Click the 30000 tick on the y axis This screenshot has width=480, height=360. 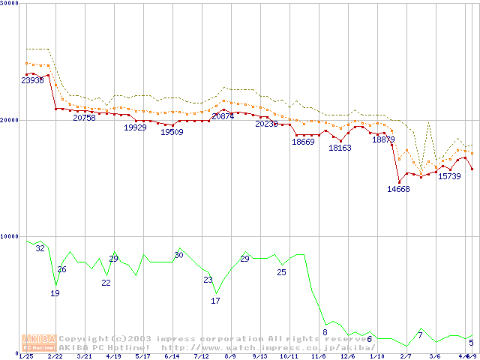click(9, 3)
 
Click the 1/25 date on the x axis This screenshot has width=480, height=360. click(25, 356)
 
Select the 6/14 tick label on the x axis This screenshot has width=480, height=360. click(171, 356)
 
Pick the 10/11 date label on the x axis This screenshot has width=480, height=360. click(289, 356)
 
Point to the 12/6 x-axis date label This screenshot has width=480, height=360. click(347, 356)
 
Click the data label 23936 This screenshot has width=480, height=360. click(32, 80)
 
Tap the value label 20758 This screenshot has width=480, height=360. click(84, 118)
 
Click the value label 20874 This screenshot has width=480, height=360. click(223, 116)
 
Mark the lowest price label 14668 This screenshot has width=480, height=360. click(398, 189)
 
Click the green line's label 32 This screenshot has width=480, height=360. click(40, 248)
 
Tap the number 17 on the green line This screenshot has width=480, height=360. click(215, 301)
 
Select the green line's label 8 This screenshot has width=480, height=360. click(325, 331)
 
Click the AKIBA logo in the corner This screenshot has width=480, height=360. click(39, 343)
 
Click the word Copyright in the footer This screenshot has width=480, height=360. click(84, 339)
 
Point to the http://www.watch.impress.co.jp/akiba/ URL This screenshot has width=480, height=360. click(268, 348)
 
